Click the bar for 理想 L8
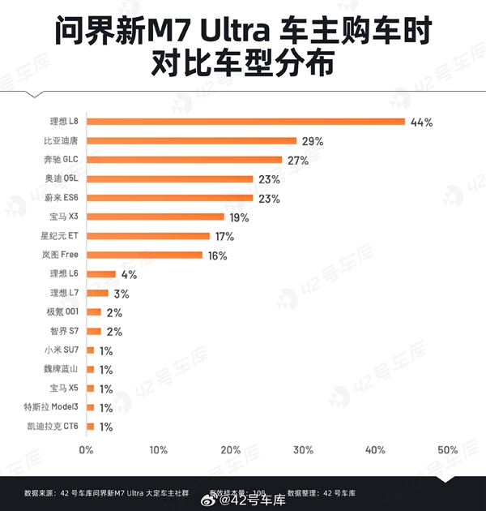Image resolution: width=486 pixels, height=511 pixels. pos(245,122)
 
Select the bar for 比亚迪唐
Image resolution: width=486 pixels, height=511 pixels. pos(191,141)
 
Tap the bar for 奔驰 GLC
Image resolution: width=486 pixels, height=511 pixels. pos(184,160)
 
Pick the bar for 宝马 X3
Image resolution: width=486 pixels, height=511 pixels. pos(155,217)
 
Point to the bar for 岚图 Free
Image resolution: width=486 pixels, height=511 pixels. pos(144,255)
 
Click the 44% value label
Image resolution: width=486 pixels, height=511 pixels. pos(422,122)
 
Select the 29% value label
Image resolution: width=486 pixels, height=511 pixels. pos(312,141)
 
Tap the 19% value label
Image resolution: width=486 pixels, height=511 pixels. pos(239,217)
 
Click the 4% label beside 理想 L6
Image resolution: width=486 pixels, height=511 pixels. pos(129,274)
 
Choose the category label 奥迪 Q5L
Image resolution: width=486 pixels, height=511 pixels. pos(62,178)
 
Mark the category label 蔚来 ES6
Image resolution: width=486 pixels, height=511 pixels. pos(62,198)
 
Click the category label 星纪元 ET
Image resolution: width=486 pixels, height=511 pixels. pos(60,236)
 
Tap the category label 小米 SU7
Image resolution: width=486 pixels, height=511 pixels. pos(61,350)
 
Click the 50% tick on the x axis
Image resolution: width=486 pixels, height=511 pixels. pos(447,450)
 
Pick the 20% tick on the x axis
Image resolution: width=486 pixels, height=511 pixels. pos(230,450)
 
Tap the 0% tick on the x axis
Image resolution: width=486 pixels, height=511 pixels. pos(86,450)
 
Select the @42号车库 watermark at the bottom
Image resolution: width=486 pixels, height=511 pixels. pos(258,499)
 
